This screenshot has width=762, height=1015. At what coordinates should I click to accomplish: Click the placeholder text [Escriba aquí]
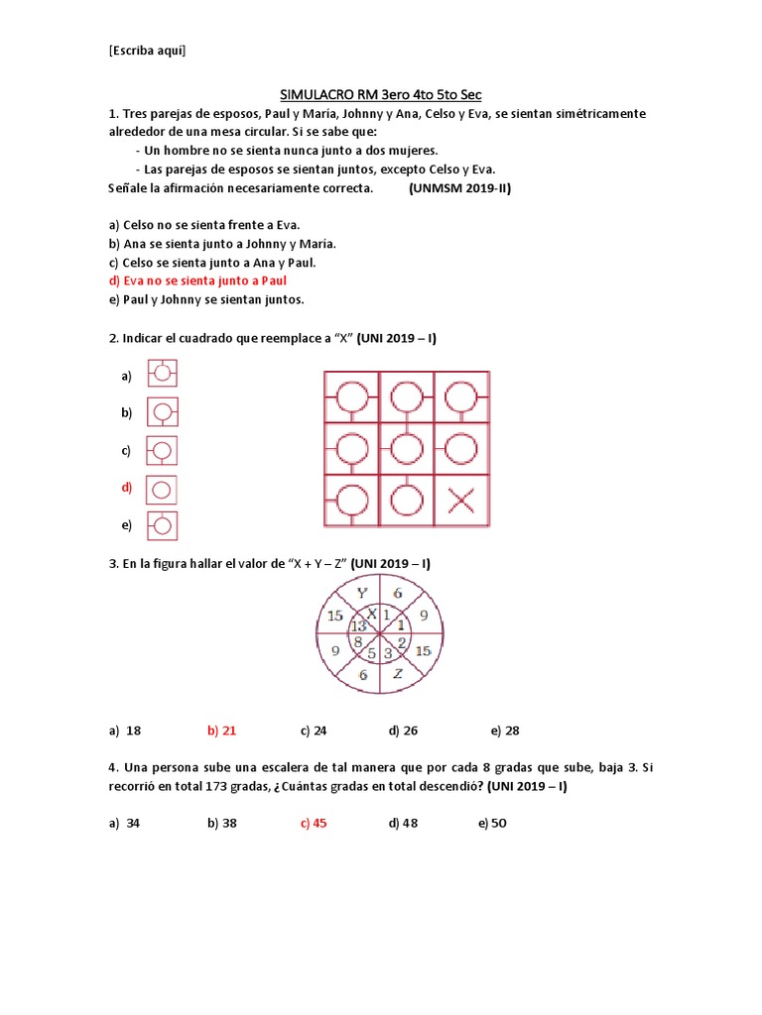(147, 51)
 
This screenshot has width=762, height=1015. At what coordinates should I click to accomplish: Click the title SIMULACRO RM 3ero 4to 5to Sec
(381, 94)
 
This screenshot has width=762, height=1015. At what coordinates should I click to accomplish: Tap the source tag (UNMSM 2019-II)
(459, 188)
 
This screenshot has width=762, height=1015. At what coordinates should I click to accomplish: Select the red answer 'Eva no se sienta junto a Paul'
(194, 281)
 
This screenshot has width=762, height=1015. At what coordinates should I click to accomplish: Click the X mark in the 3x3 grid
(460, 501)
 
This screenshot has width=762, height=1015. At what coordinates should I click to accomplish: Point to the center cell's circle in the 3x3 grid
(406, 449)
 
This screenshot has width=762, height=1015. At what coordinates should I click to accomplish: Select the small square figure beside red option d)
(163, 488)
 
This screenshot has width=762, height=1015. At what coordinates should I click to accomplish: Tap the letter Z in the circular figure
(397, 674)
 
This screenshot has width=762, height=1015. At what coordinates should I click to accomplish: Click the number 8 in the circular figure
(357, 641)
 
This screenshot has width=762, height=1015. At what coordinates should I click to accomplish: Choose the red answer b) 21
(221, 731)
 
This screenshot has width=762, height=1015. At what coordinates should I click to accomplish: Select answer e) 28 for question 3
(504, 731)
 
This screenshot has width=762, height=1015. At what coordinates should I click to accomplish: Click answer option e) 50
(492, 823)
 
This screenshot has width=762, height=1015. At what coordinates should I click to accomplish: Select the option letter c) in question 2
(126, 451)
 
